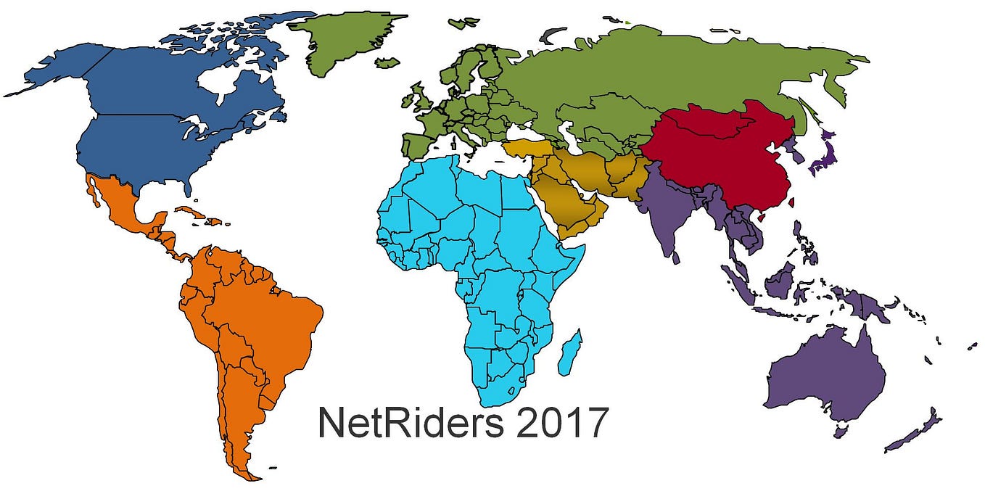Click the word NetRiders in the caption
(x=410, y=423)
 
